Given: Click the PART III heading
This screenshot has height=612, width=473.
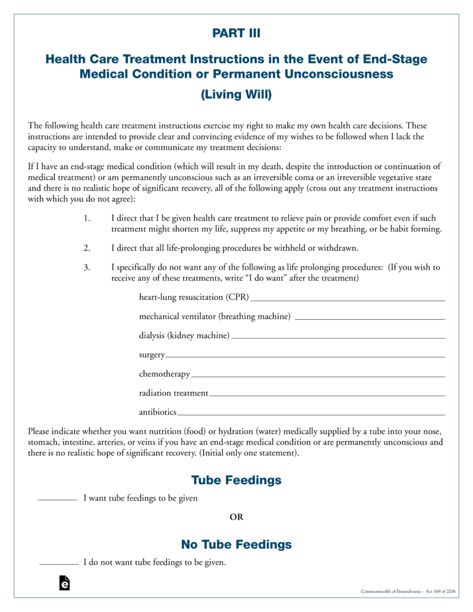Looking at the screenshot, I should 236,33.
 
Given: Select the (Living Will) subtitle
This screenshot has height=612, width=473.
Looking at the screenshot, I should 236,94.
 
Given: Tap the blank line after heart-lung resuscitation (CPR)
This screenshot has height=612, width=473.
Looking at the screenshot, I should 348,299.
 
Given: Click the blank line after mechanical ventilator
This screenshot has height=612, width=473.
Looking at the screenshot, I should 370,319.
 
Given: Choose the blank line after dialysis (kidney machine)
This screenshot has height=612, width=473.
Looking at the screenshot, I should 338,338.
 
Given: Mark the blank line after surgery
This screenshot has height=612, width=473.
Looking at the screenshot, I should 305,357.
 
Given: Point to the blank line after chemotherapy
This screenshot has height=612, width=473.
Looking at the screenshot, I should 318,377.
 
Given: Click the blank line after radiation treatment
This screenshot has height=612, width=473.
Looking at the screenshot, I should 327,396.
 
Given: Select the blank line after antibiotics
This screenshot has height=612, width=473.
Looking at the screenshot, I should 312,414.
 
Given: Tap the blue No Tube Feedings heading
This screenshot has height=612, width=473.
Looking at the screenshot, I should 236,544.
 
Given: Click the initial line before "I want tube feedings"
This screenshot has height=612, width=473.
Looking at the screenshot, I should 57,499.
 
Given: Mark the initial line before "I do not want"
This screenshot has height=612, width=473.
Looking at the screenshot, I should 59,563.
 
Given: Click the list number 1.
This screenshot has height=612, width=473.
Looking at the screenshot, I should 87,219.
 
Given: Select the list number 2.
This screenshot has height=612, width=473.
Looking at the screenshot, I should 87,248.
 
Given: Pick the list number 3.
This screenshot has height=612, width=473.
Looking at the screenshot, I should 87,268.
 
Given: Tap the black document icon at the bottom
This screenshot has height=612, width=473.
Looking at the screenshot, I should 65,583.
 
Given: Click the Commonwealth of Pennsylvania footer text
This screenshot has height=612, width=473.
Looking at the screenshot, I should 408,591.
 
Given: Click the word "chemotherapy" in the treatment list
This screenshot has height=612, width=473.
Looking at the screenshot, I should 164,374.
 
